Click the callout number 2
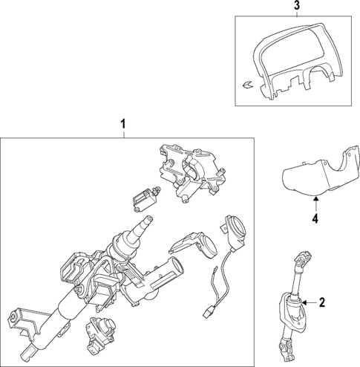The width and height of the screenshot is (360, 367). tap(322, 302)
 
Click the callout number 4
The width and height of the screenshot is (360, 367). tap(315, 219)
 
